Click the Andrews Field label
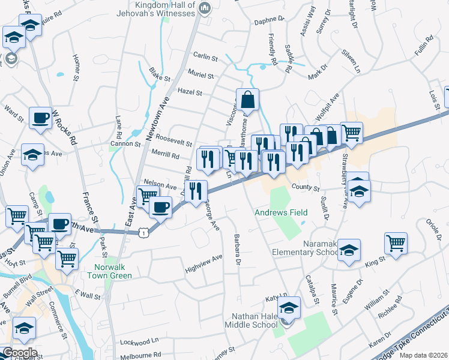281,212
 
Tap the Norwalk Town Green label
113,272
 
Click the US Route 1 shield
142,231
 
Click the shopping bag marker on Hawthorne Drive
247,100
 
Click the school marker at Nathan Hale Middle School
289,308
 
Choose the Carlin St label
205,58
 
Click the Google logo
20,352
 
